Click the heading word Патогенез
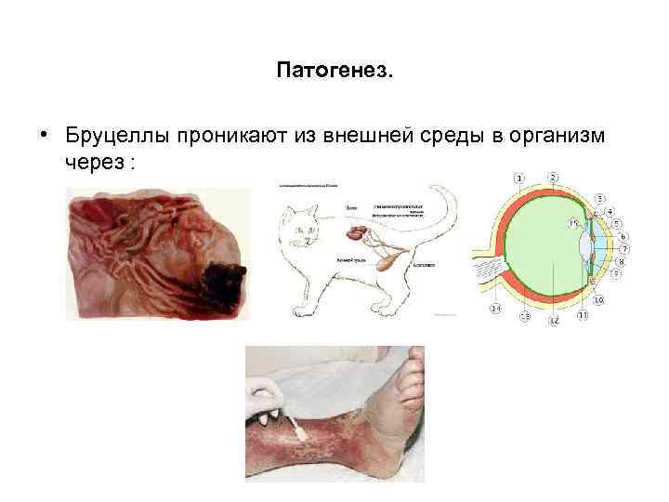tap(334, 72)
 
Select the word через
tap(97, 161)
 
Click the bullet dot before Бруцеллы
tap(44, 136)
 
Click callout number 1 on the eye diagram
tap(519, 177)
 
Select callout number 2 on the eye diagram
tap(553, 177)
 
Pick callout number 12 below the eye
tap(553, 321)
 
